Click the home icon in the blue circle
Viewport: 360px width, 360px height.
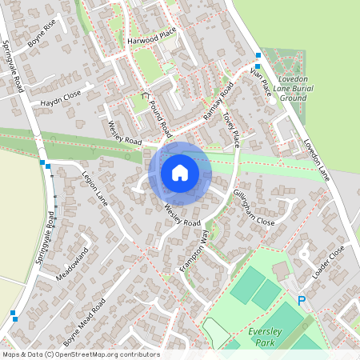tap(180, 172)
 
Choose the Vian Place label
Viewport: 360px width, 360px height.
tap(261, 82)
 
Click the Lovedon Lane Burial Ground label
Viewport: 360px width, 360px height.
tap(290, 88)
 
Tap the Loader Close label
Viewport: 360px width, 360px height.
tap(328, 262)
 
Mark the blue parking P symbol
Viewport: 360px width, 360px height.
tap(302, 301)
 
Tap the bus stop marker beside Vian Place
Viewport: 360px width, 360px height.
tap(258, 55)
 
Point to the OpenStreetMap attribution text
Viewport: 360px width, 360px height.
tap(80, 354)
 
